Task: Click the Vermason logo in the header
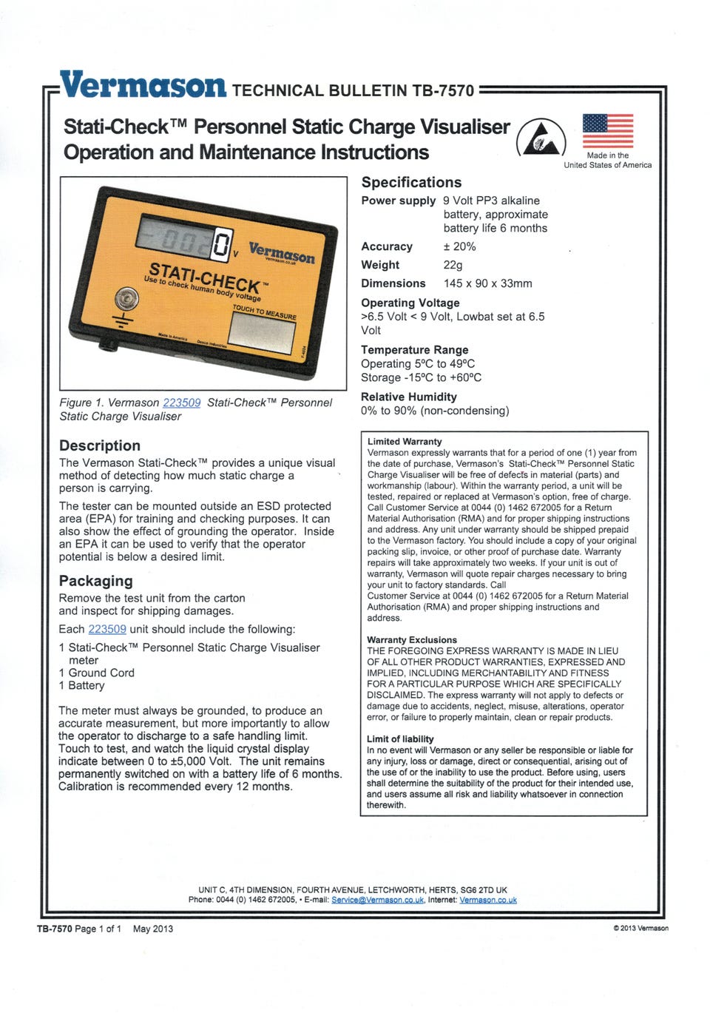[143, 86]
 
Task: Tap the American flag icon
[607, 131]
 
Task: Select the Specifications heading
[411, 182]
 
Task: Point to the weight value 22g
[453, 265]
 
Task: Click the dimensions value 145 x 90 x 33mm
[487, 283]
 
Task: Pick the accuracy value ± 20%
[459, 246]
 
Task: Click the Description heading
[100, 445]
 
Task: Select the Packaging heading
[96, 581]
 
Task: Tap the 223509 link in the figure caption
[181, 403]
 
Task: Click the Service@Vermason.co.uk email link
[377, 900]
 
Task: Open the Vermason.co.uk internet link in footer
[487, 900]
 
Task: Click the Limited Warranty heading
[405, 442]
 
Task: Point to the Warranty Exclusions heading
[412, 640]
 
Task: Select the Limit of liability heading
[400, 739]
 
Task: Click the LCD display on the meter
[186, 241]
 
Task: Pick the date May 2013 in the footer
[153, 929]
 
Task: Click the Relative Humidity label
[408, 397]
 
